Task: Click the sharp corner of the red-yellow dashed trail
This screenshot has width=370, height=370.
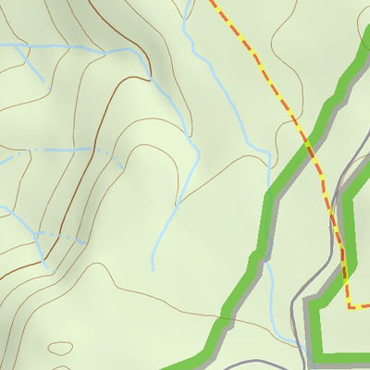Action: (x=348, y=306)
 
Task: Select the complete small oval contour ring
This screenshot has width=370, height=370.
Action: (x=60, y=349)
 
